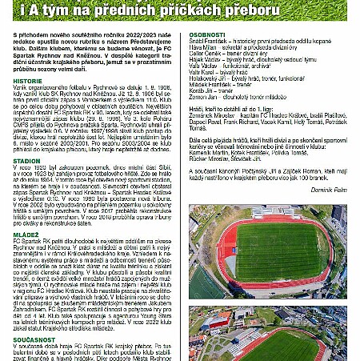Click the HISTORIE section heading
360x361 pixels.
pos(28,82)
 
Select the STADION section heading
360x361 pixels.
pos(27,159)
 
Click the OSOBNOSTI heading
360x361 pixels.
pos(207,37)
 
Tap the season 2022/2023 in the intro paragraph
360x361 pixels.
pos(146,37)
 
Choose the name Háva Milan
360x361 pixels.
pos(204,50)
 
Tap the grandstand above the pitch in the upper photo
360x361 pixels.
pos(264,213)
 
